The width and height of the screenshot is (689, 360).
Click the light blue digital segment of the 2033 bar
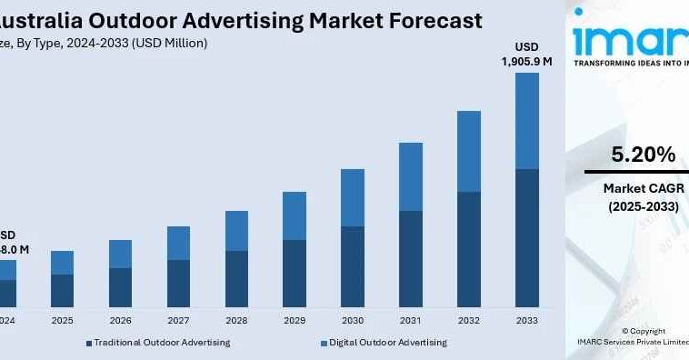[526, 121]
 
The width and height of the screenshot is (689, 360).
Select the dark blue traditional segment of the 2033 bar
[526, 237]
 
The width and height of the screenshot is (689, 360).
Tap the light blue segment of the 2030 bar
[352, 197]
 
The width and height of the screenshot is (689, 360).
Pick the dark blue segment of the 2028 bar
[236, 278]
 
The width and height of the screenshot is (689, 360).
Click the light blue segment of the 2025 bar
[62, 263]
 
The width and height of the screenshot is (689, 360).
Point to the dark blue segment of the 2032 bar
[468, 249]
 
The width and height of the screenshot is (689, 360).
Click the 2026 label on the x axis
[120, 321]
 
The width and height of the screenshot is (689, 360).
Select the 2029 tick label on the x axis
[294, 321]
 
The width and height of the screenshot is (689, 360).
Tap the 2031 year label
[410, 321]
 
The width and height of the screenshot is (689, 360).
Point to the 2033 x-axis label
[526, 321]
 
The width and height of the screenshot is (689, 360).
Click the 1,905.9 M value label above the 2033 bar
[526, 61]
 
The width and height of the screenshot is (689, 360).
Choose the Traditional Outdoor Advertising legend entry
[158, 343]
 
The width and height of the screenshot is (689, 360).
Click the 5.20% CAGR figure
[642, 154]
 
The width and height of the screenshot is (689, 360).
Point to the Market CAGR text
[642, 188]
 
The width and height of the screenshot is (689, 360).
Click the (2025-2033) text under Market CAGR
[642, 206]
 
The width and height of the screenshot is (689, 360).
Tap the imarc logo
[631, 42]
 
